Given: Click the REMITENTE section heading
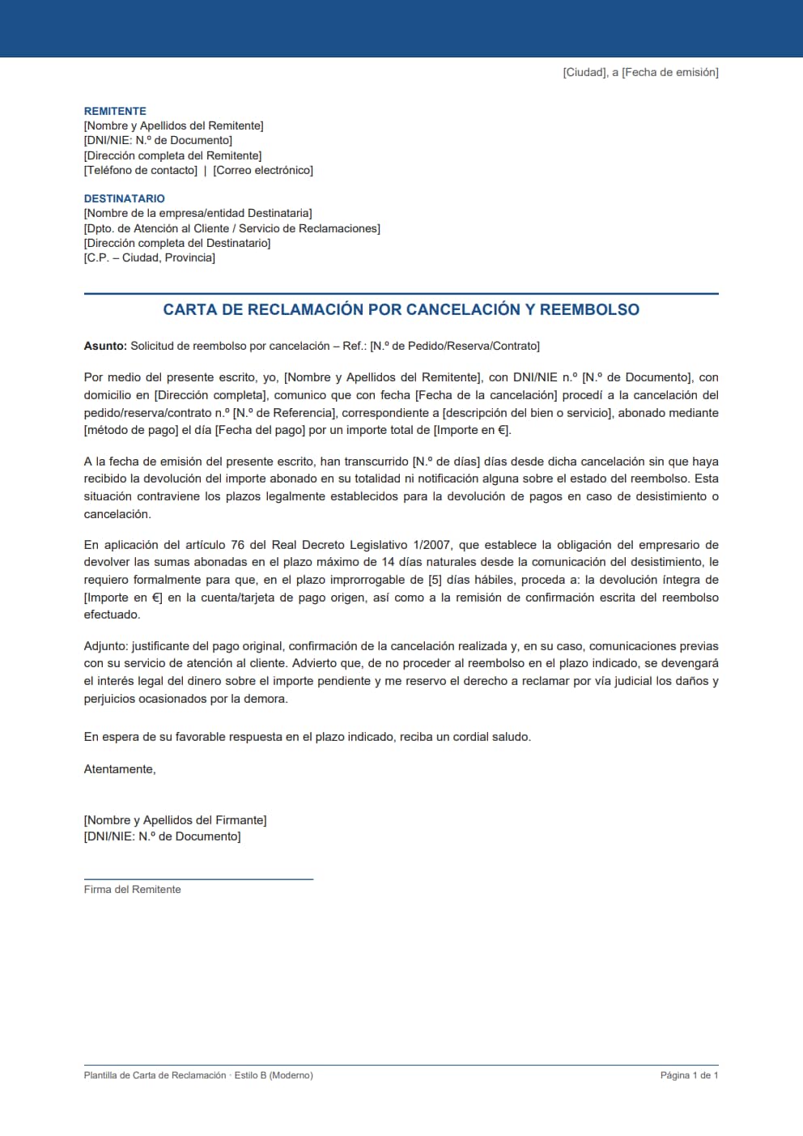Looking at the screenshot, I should click(115, 111).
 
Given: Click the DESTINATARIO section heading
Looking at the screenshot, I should click(124, 198).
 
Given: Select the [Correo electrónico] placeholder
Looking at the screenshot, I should click(263, 170).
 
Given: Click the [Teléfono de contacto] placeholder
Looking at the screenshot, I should click(141, 170).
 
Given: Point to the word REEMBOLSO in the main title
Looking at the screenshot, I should click(589, 309).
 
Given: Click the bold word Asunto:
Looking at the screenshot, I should click(105, 346).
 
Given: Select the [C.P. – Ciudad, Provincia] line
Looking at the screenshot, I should click(150, 257).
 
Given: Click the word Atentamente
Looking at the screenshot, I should click(119, 769).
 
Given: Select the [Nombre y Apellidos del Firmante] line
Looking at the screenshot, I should click(175, 820).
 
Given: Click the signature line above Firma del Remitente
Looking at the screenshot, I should click(198, 879).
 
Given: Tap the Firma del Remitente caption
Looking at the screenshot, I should click(132, 889).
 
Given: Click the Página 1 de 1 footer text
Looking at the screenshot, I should click(689, 1075).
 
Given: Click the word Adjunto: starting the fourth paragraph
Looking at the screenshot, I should click(106, 646).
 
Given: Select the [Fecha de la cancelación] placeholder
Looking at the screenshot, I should click(486, 395).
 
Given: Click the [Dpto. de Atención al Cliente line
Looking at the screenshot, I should click(232, 228).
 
